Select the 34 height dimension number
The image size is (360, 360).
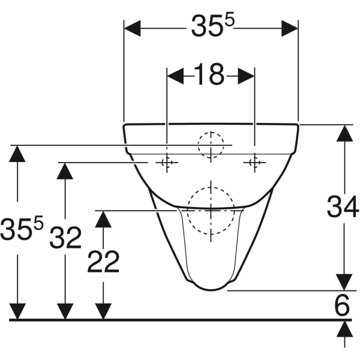[343, 206]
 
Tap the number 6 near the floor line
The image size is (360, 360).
[343, 305]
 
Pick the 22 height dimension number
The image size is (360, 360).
[103, 262]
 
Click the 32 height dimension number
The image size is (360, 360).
[65, 238]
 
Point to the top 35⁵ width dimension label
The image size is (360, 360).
[213, 25]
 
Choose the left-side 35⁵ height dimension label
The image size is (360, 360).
[22, 228]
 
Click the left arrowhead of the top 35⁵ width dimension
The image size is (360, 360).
[132, 28]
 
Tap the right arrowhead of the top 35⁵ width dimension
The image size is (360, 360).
[290, 28]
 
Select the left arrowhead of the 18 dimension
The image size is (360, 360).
[175, 76]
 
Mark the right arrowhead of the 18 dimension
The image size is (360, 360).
[246, 76]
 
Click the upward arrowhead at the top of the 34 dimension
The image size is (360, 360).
[344, 133]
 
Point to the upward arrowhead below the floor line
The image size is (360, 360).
[344, 329]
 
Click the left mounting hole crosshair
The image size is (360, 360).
[167, 163]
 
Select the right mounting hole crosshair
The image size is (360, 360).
[254, 163]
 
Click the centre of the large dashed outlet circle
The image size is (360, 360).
[211, 210]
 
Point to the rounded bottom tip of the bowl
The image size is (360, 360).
[211, 290]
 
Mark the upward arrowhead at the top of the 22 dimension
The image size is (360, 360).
[103, 219]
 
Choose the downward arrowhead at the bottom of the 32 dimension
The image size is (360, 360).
[65, 311]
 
